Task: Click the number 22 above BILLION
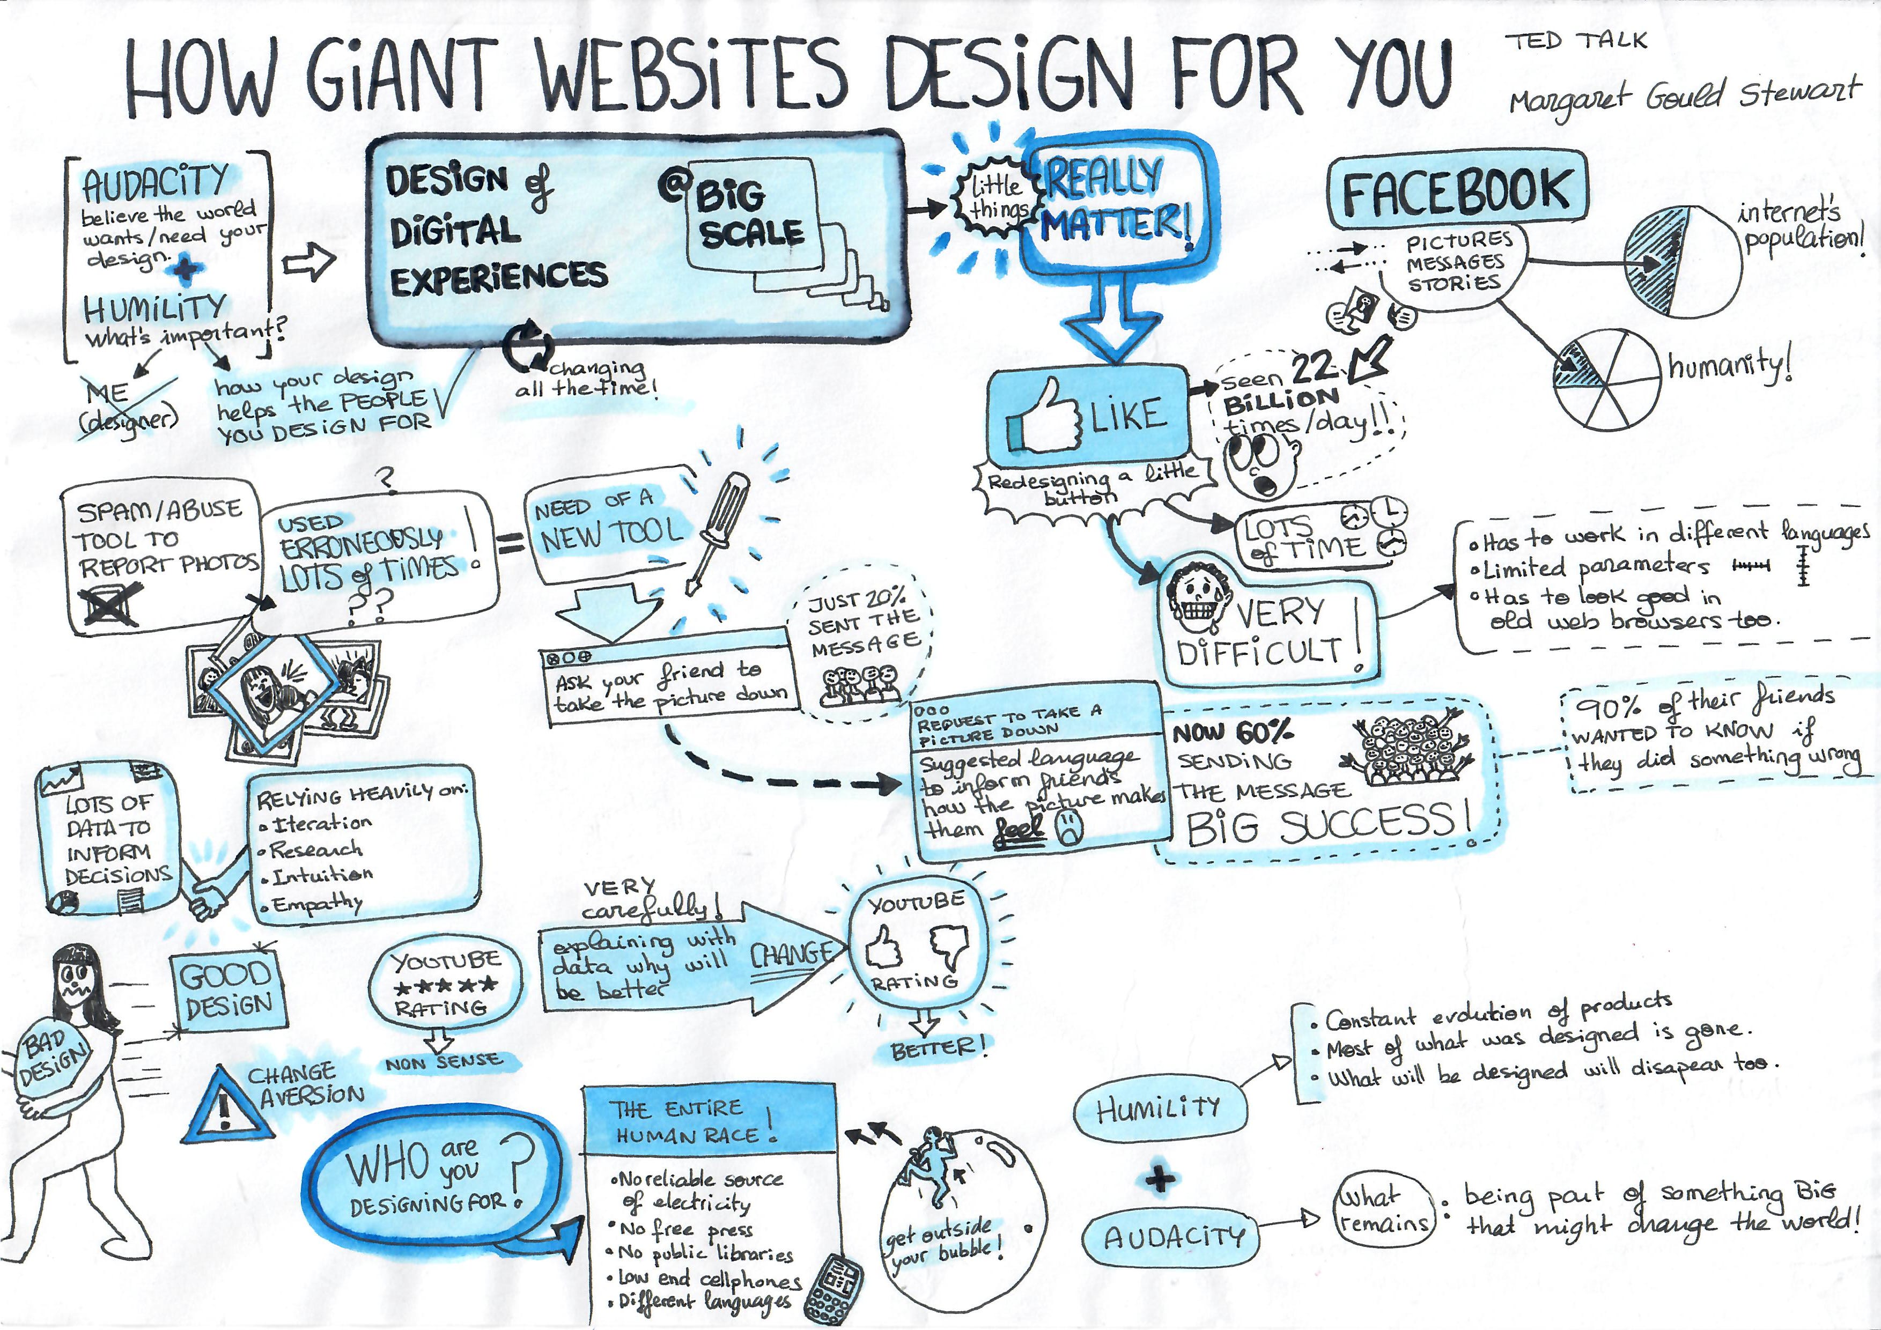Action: click(x=1313, y=368)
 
